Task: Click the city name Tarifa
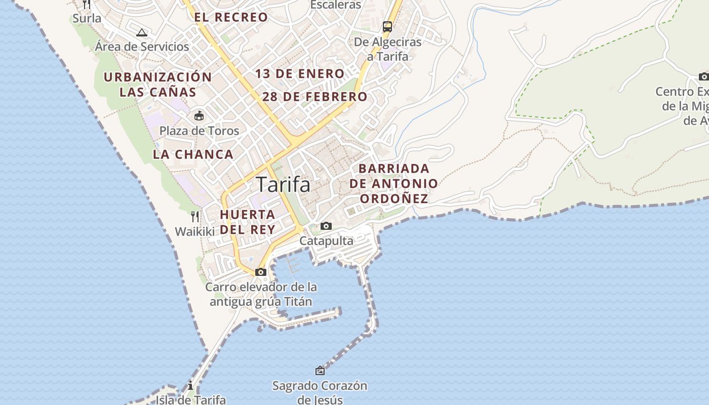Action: pyautogui.click(x=283, y=184)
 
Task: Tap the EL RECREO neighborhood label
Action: pyautogui.click(x=231, y=17)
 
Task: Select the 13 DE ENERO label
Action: pyautogui.click(x=300, y=74)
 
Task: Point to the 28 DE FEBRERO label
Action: pyautogui.click(x=314, y=97)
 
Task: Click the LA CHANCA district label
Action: pyautogui.click(x=193, y=154)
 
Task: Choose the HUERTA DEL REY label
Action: pyautogui.click(x=248, y=222)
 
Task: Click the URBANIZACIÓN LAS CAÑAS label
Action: pyautogui.click(x=158, y=85)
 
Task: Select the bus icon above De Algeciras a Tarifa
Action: pyautogui.click(x=387, y=27)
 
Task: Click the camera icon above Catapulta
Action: pyautogui.click(x=326, y=226)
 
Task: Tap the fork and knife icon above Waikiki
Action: pyautogui.click(x=195, y=217)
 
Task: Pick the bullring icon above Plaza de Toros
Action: pyautogui.click(x=199, y=116)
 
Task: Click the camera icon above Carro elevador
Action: pyautogui.click(x=261, y=272)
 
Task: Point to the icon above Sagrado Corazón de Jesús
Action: pyautogui.click(x=320, y=371)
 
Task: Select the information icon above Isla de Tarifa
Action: pyautogui.click(x=190, y=386)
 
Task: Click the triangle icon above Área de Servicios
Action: pyautogui.click(x=142, y=32)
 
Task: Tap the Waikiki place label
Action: pyautogui.click(x=195, y=231)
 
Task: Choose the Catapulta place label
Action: pyautogui.click(x=326, y=240)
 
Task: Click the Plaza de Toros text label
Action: pyautogui.click(x=199, y=131)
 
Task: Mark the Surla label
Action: pyautogui.click(x=87, y=18)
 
